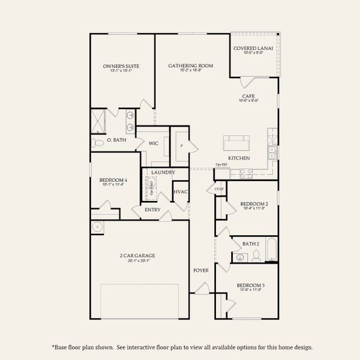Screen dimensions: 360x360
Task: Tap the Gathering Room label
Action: pos(191,66)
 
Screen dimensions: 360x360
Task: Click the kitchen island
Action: pos(236,143)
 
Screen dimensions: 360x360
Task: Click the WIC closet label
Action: pos(153,144)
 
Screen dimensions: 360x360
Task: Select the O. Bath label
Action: pos(116,140)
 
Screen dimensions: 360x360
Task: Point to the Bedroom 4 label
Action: pos(113,181)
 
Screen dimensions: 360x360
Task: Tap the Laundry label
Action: pos(163,173)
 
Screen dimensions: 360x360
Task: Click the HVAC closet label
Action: pos(181,192)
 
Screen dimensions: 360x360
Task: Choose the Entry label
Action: pos(153,210)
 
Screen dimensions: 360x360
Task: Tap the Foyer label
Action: pos(201,271)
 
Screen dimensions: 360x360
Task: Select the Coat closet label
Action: pos(219,190)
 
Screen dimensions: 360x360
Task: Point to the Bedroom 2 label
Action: pos(254,204)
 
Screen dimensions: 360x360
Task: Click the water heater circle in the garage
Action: pos(98,227)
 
